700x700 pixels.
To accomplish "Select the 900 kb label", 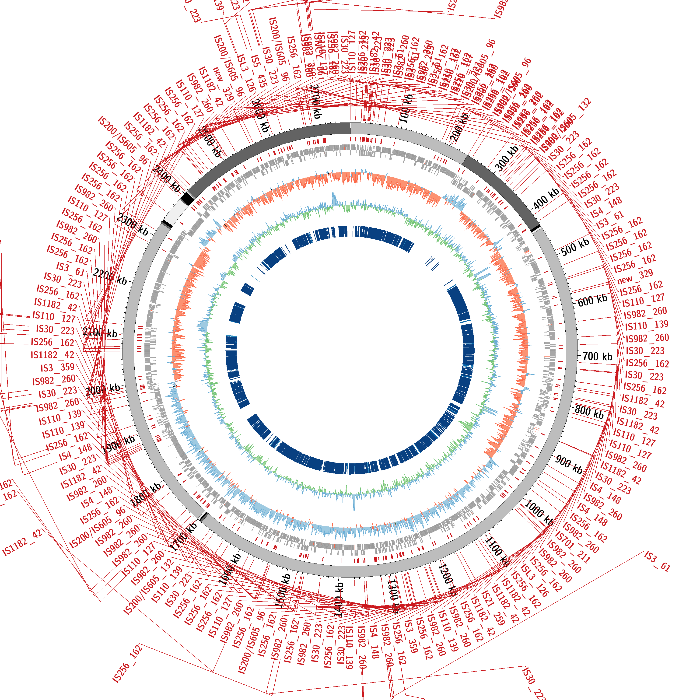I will pyautogui.click(x=569, y=465).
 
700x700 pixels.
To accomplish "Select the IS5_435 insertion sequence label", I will pyautogui.click(x=259, y=71).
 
